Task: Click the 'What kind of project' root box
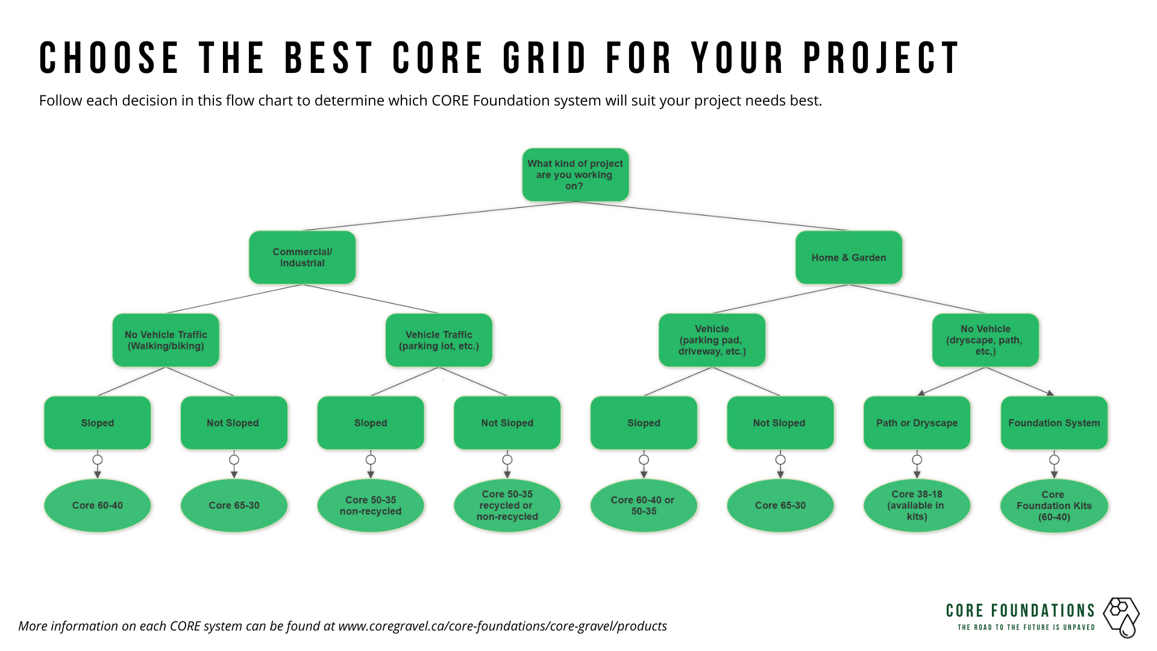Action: coord(575,175)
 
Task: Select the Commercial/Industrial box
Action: coord(302,257)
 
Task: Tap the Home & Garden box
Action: coord(848,257)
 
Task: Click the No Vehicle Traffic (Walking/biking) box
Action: coord(166,340)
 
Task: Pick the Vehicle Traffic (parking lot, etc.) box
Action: coord(439,340)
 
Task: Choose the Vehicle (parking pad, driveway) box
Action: coord(712,340)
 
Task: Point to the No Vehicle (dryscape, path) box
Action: coord(985,340)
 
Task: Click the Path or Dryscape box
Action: coord(917,423)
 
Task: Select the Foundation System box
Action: coord(1054,423)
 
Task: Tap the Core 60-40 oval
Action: coord(98,505)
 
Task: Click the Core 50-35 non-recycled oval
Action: coord(371,505)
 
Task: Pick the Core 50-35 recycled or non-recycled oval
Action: coord(507,505)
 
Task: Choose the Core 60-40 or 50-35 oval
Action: coord(644,505)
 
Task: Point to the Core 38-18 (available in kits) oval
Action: coord(917,505)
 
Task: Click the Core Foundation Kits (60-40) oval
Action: coord(1054,506)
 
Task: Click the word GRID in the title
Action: coord(545,58)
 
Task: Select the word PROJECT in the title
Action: coord(881,58)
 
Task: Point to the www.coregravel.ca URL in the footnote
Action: coord(503,626)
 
